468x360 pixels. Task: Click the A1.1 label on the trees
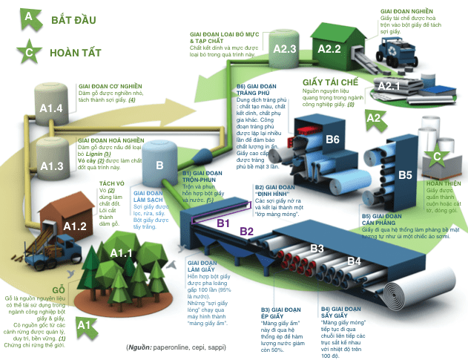click(x=120, y=254)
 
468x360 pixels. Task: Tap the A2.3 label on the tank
click(x=286, y=49)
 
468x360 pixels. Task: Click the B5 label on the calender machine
click(x=405, y=175)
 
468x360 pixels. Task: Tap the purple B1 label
click(x=224, y=221)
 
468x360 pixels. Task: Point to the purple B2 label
click(x=247, y=232)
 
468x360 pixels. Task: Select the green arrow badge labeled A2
click(x=374, y=117)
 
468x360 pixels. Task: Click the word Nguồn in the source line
click(x=139, y=347)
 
